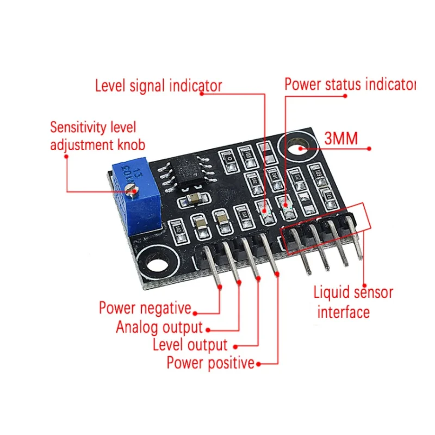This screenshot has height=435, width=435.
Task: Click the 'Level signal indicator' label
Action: tap(158, 86)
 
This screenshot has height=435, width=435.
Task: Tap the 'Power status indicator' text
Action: tap(350, 85)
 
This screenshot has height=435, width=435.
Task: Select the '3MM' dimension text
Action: tap(341, 139)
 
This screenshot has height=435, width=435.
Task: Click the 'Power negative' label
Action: tap(145, 308)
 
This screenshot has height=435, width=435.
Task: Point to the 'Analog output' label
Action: tap(159, 327)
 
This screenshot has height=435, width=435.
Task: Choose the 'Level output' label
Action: tap(190, 344)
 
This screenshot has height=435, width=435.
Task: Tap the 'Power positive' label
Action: tap(210, 362)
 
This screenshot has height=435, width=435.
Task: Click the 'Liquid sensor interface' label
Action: tap(353, 302)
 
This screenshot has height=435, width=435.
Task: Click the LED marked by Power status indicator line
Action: tap(285, 206)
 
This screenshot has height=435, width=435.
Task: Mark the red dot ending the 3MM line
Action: tap(370, 148)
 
